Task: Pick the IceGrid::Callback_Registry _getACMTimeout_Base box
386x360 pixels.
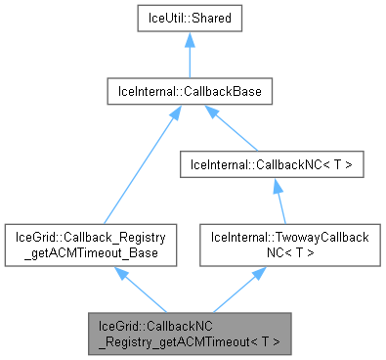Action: [91, 245]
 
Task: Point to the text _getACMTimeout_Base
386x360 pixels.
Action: [91, 252]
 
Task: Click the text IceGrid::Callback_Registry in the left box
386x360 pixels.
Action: [91, 237]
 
